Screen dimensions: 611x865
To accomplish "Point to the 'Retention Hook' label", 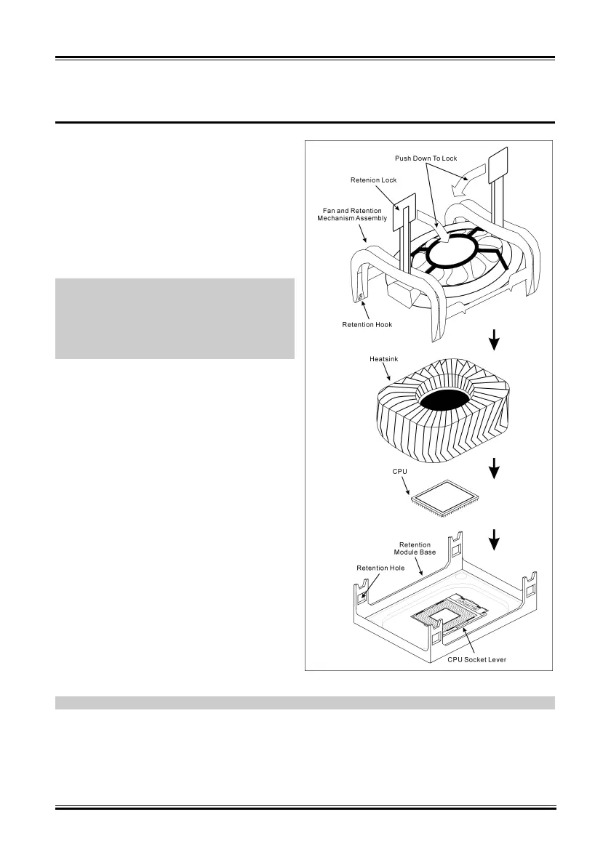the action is pyautogui.click(x=367, y=324).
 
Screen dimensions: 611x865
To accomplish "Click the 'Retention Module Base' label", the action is pyautogui.click(x=418, y=548).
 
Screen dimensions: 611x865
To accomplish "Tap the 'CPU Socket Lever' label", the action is pyautogui.click(x=476, y=659).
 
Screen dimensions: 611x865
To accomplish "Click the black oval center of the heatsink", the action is pyautogui.click(x=442, y=401).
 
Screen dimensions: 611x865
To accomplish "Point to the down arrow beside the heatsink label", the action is pyautogui.click(x=495, y=339).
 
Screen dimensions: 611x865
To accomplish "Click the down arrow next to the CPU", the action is pyautogui.click(x=495, y=469).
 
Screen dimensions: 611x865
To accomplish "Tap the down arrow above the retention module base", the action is pyautogui.click(x=495, y=539).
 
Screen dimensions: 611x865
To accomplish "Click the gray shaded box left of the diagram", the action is pyautogui.click(x=175, y=318).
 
